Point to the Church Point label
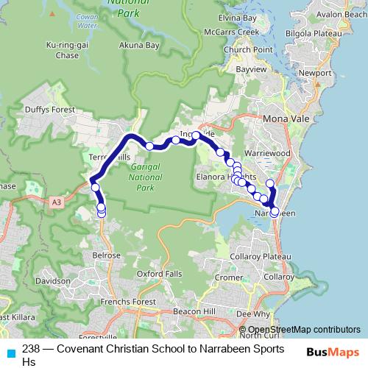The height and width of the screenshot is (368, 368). tap(244, 50)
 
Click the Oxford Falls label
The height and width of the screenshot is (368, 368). tap(159, 274)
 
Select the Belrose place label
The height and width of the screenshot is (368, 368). tap(106, 255)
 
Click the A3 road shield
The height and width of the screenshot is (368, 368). tap(57, 200)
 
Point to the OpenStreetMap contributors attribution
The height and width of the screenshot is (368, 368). tap(303, 329)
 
